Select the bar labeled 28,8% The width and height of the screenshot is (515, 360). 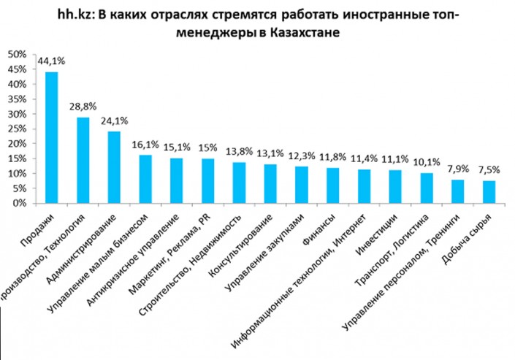(x=83, y=160)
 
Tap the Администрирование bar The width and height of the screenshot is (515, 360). (x=114, y=167)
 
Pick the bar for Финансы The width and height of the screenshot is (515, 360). (x=333, y=185)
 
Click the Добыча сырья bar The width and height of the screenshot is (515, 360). (x=489, y=192)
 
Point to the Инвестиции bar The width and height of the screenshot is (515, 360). (x=395, y=187)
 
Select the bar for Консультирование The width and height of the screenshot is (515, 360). (x=270, y=183)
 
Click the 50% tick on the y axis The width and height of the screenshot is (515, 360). (x=17, y=55)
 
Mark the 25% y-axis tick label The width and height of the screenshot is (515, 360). (x=17, y=129)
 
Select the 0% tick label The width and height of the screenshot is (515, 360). (x=19, y=204)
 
